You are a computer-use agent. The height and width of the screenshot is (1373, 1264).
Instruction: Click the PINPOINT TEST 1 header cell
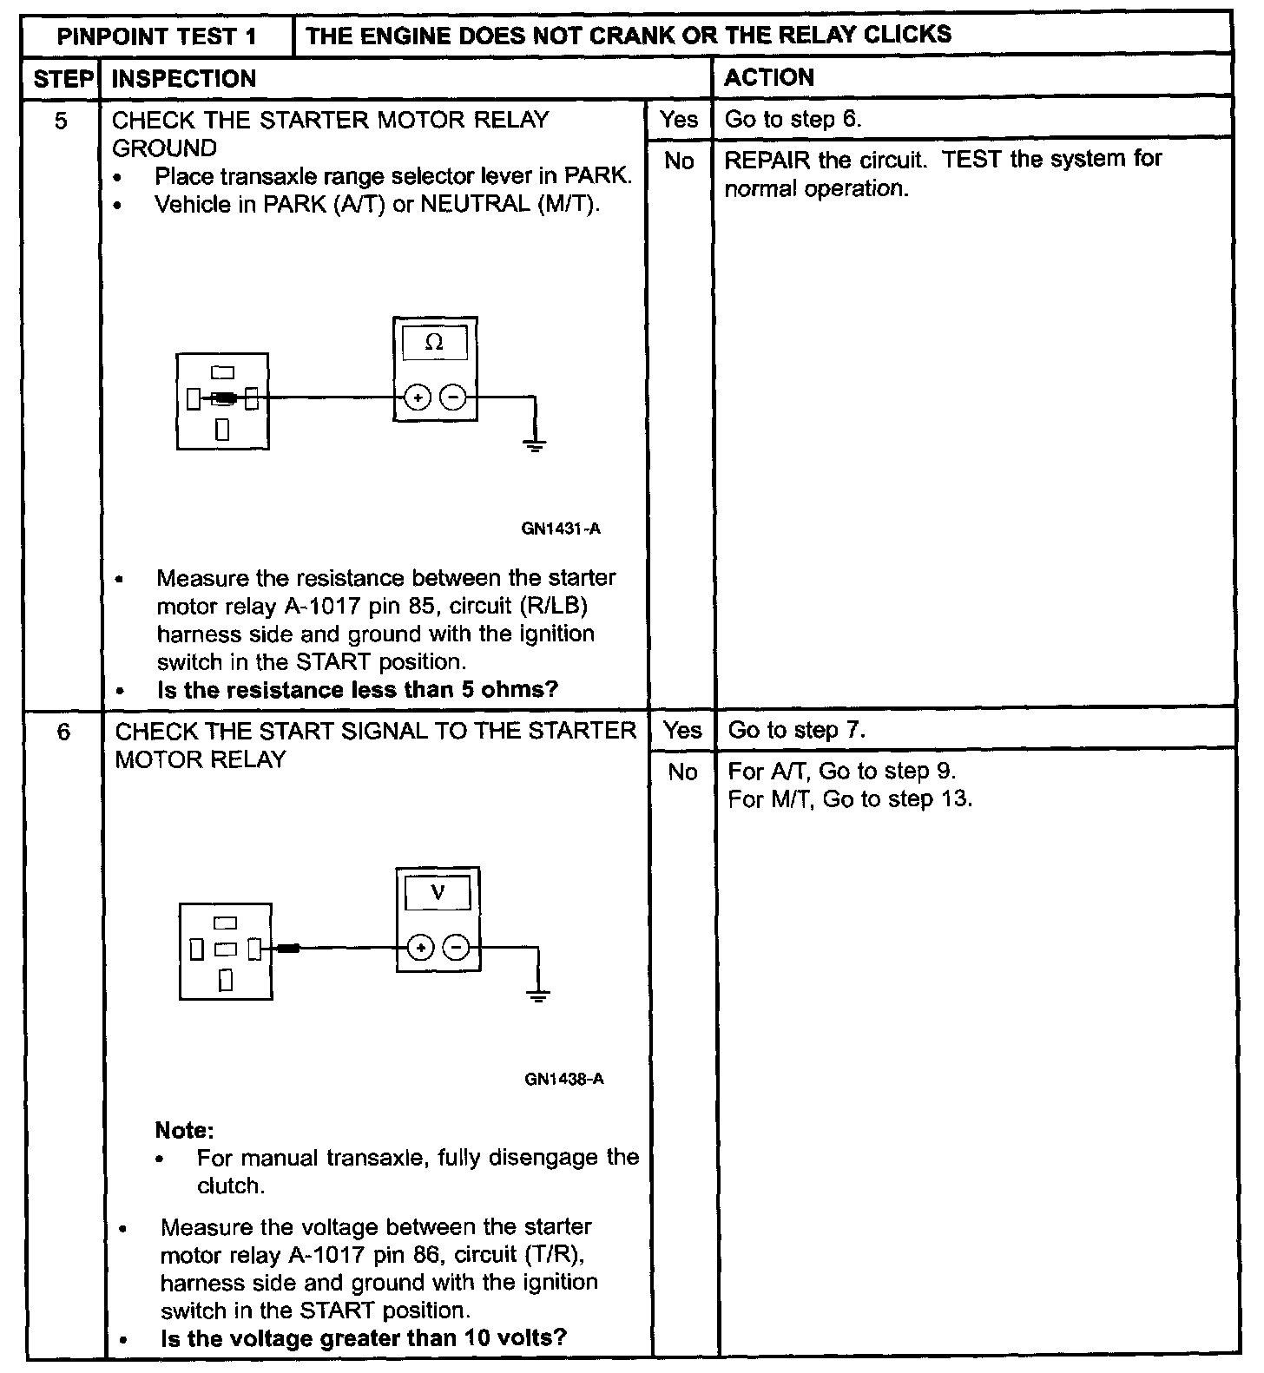[x=156, y=36]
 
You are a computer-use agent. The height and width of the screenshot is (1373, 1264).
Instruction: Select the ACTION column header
[x=769, y=78]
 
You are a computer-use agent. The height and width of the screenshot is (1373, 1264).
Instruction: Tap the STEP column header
[x=63, y=79]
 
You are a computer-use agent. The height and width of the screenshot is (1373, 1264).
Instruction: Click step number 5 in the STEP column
[x=61, y=121]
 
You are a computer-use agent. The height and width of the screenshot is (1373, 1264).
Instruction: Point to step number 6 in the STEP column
[x=63, y=732]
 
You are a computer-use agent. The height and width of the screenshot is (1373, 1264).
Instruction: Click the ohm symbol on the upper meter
[x=435, y=343]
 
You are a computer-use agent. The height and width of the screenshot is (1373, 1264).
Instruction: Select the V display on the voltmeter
[x=438, y=891]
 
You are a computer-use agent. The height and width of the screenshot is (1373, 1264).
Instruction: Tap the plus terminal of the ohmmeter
[x=418, y=398]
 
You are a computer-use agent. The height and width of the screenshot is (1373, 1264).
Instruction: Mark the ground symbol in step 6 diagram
[x=539, y=995]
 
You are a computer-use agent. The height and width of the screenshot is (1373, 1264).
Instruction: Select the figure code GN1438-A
[x=564, y=1080]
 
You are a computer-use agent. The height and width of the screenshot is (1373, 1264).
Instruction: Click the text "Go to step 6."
[x=793, y=120]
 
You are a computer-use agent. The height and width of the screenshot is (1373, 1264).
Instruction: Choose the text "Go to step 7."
[x=796, y=731]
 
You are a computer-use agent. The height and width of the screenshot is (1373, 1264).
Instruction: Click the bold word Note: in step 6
[x=184, y=1130]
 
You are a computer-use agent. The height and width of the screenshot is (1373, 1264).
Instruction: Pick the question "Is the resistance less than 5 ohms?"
[x=358, y=690]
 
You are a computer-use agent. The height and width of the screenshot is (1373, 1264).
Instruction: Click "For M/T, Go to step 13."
[x=850, y=799]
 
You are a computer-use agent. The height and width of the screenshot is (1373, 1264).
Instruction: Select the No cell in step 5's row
[x=679, y=161]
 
